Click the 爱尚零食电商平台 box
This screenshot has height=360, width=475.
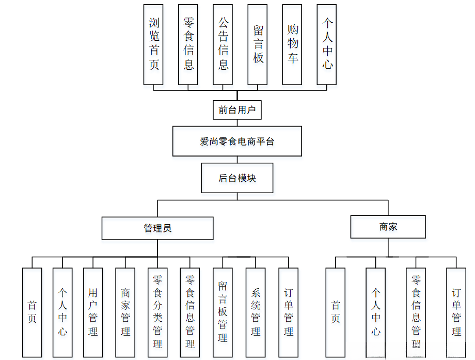(237, 142)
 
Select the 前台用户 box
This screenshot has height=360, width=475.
(237, 110)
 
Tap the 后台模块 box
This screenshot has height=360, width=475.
(237, 178)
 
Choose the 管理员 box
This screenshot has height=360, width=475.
(157, 228)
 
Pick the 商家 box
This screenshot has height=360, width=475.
(388, 227)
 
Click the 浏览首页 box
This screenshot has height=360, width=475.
(154, 44)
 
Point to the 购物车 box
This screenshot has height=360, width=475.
(292, 44)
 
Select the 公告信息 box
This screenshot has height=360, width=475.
(223, 44)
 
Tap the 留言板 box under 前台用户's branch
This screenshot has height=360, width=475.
(258, 44)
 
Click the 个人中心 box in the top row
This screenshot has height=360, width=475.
(327, 44)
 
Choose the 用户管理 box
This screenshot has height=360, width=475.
(93, 312)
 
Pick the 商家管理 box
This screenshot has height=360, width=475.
(125, 312)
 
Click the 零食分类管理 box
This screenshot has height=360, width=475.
(157, 312)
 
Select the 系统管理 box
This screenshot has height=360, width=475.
(256, 312)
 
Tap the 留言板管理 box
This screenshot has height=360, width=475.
(223, 312)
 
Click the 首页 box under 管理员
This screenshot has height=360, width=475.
(32, 312)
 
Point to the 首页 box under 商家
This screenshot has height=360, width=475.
(336, 312)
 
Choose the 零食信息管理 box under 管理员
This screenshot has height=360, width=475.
(190, 312)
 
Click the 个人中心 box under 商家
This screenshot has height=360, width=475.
(376, 312)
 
